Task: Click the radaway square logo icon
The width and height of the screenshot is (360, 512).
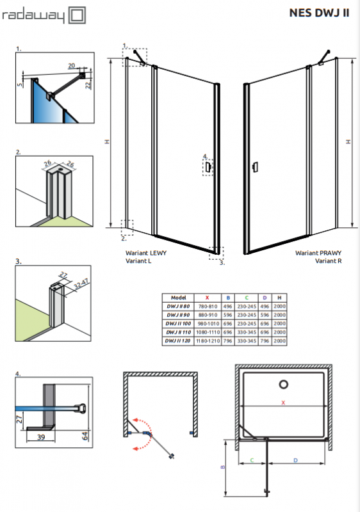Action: pyautogui.click(x=77, y=15)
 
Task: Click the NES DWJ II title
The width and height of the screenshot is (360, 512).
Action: pyautogui.click(x=319, y=13)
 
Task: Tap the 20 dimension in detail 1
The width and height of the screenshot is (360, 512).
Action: pyautogui.click(x=72, y=66)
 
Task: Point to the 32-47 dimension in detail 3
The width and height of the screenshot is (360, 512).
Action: pyautogui.click(x=81, y=284)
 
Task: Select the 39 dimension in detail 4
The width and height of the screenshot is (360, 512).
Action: pyautogui.click(x=41, y=437)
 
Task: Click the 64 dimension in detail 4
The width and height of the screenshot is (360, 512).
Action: pyautogui.click(x=85, y=436)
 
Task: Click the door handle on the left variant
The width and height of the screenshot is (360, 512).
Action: pyautogui.click(x=208, y=168)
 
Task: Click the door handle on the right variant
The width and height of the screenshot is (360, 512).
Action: pyautogui.click(x=256, y=167)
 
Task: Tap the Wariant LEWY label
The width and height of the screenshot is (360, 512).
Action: pyautogui.click(x=146, y=253)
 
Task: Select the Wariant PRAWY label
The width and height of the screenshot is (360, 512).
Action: pyautogui.click(x=318, y=253)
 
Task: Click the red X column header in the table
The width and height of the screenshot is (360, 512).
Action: pyautogui.click(x=207, y=298)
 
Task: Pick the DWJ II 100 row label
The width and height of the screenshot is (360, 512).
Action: pyautogui.click(x=178, y=324)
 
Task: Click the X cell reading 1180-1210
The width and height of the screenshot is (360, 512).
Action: pyautogui.click(x=208, y=341)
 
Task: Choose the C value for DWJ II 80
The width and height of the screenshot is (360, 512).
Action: pyautogui.click(x=247, y=307)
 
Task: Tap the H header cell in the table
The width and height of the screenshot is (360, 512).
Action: pyautogui.click(x=279, y=298)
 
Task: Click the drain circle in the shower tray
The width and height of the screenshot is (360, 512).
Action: pyautogui.click(x=284, y=385)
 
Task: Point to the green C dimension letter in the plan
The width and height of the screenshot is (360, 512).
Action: pyautogui.click(x=252, y=460)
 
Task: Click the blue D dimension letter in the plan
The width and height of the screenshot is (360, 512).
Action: pyautogui.click(x=295, y=460)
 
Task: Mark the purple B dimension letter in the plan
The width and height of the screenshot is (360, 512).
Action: pyautogui.click(x=223, y=467)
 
